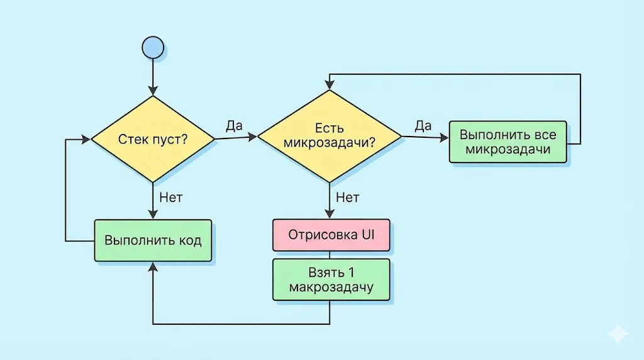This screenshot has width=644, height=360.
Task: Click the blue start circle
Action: tap(153, 47)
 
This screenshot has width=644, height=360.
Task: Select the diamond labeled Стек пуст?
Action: tap(153, 139)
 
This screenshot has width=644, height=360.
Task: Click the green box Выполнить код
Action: tap(153, 240)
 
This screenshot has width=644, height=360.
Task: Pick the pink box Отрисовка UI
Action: tap(331, 235)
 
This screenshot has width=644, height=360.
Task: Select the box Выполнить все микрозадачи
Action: tap(508, 142)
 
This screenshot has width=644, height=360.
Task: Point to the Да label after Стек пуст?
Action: tap(234, 125)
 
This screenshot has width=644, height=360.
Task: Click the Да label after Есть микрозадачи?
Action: tap(423, 125)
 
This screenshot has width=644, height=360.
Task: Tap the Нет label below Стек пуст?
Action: tap(170, 198)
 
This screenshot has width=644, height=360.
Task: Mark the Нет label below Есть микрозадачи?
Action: tap(347, 198)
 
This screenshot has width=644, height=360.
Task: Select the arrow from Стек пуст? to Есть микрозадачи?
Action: tap(236, 137)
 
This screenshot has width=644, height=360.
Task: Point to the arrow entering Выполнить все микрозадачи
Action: tap(425, 138)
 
